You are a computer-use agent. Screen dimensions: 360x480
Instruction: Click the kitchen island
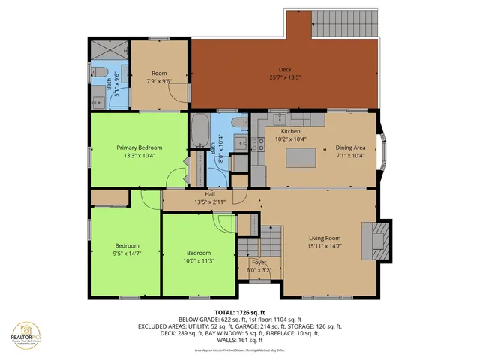point(300,157)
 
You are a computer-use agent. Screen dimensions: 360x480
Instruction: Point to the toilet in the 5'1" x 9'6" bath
point(97,72)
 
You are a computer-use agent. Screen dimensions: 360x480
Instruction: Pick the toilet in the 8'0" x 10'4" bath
point(237,121)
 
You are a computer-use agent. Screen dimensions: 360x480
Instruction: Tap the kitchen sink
point(278,117)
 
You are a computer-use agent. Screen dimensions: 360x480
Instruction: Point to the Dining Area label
point(350,148)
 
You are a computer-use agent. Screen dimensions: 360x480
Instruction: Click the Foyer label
point(257,262)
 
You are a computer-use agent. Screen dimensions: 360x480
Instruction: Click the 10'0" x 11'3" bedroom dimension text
point(199,261)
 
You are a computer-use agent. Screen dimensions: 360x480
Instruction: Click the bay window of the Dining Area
point(385,150)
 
